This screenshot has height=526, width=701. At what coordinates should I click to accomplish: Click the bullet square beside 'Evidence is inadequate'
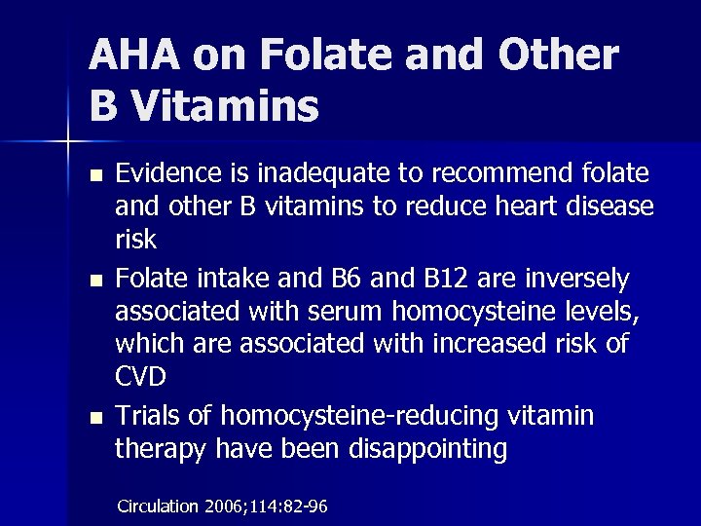point(93,175)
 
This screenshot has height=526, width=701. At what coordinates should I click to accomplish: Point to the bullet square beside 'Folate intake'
point(93,281)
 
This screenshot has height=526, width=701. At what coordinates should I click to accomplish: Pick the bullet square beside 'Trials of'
point(93,417)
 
